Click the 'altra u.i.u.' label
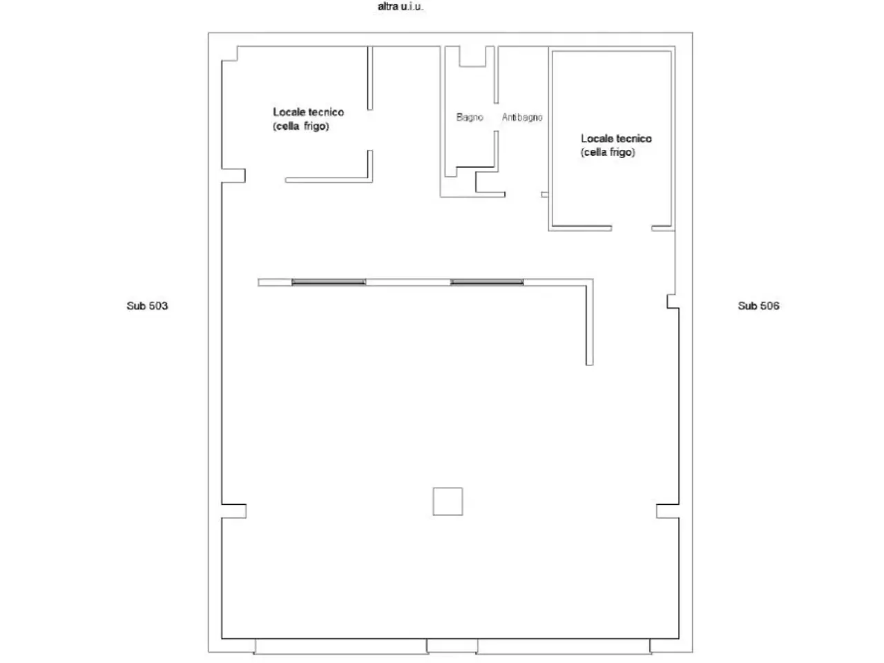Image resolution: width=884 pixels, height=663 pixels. point(400,6)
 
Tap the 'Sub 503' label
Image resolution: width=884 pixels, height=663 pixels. point(147,306)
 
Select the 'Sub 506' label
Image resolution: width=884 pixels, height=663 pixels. point(758,306)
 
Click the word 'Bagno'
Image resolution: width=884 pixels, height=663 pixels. point(470,117)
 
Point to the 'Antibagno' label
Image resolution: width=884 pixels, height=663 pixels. point(522,117)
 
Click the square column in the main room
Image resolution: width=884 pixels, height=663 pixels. point(448,501)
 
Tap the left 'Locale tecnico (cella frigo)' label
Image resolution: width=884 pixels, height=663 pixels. point(309,119)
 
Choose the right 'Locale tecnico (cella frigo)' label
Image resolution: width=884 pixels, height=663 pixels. point(616,145)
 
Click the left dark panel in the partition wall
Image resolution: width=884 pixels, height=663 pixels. point(329,282)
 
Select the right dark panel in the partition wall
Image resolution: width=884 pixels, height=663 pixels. point(487,282)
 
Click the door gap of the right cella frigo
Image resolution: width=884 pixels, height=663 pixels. point(631,228)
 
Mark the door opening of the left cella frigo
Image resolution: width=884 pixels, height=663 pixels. point(370,130)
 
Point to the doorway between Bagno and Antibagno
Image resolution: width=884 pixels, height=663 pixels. point(496,117)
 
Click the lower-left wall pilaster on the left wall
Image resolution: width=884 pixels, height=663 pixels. point(234,511)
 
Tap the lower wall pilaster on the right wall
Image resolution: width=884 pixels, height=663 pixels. point(667,511)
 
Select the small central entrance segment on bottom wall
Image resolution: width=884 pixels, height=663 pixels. point(452,646)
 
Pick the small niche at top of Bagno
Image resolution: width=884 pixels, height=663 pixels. point(472,57)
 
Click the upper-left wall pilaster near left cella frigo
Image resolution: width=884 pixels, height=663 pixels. point(233,176)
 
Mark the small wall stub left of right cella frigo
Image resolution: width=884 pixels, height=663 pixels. point(544,195)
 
